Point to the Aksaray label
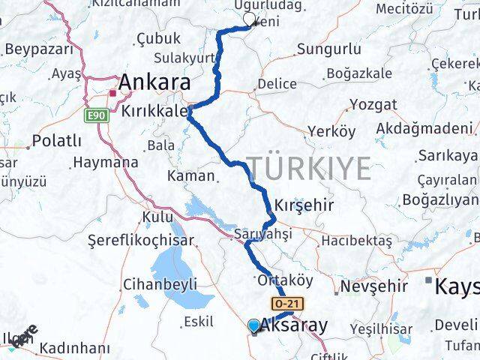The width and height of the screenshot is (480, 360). coord(293,325)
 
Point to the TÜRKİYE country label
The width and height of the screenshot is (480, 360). coord(309,169)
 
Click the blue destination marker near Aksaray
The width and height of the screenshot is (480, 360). coord(253,325)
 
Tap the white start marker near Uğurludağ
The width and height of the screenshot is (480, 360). coord(249,18)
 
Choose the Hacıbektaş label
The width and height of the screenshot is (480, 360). coord(356,241)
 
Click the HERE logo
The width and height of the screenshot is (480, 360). coord(22,337)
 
